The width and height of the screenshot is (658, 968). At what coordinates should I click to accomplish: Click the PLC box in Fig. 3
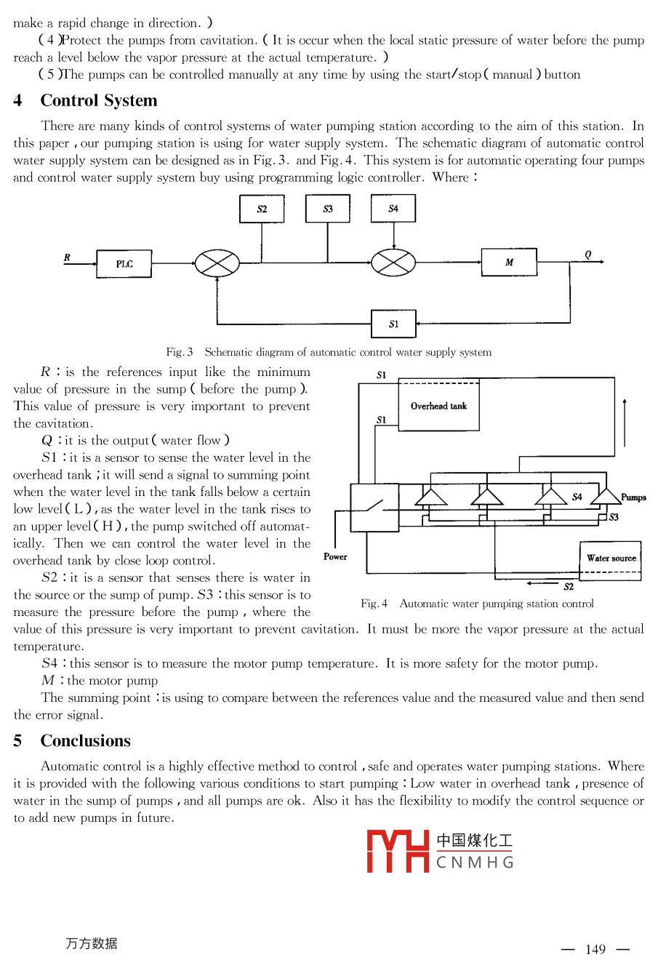click(x=124, y=263)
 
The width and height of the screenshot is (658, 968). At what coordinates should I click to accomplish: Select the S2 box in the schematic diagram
click(x=262, y=209)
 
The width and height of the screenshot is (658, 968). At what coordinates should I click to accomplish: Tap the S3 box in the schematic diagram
click(x=328, y=209)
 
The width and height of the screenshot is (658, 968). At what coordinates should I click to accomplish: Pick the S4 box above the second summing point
click(x=393, y=209)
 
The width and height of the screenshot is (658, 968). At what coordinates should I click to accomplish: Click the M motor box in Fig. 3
click(x=509, y=263)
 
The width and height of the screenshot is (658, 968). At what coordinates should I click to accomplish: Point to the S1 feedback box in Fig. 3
click(x=393, y=324)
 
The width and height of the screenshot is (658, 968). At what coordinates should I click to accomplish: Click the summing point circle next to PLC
click(x=217, y=263)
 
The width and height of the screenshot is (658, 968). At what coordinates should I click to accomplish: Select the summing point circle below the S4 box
click(x=393, y=263)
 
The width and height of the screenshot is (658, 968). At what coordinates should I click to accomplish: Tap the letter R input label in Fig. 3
click(x=68, y=257)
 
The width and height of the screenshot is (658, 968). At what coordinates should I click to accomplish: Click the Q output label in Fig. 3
click(x=588, y=255)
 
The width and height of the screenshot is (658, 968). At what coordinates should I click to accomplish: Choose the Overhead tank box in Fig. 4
click(x=439, y=406)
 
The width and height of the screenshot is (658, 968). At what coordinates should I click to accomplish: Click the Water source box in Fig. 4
click(x=611, y=559)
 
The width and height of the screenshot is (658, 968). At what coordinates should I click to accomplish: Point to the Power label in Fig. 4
click(x=335, y=556)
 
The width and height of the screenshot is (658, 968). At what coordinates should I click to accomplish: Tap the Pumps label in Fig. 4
click(x=633, y=497)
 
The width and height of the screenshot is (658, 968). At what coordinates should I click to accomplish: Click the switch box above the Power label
click(x=374, y=507)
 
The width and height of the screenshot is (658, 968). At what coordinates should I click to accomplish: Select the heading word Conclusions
click(x=86, y=740)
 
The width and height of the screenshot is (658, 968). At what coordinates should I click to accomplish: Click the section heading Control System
click(x=99, y=100)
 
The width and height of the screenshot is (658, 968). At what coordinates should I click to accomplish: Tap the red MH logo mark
click(x=398, y=851)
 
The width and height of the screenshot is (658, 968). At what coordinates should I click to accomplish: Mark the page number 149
click(x=595, y=949)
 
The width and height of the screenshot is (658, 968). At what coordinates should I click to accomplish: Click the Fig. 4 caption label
click(x=374, y=604)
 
